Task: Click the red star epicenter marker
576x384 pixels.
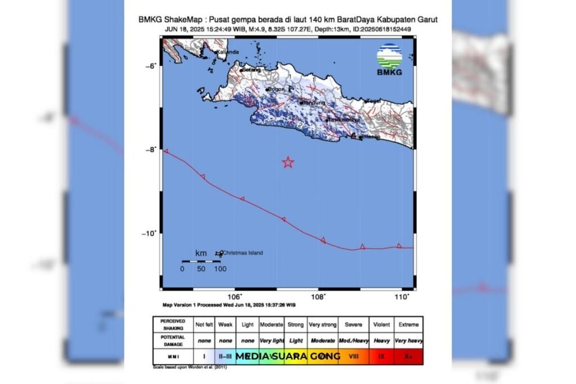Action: click(x=288, y=162)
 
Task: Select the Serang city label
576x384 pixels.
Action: click(x=251, y=70)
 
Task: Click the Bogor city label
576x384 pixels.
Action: click(x=276, y=89)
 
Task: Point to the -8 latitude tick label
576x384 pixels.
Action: click(x=150, y=150)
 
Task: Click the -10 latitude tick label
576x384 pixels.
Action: click(x=149, y=233)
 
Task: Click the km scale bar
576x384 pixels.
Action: click(x=200, y=261)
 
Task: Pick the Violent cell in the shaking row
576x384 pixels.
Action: click(x=380, y=324)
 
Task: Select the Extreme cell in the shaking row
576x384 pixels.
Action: click(x=408, y=324)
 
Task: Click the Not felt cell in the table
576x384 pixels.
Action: click(x=204, y=324)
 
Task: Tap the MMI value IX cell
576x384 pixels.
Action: click(x=381, y=356)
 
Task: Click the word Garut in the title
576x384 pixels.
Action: click(x=426, y=19)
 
